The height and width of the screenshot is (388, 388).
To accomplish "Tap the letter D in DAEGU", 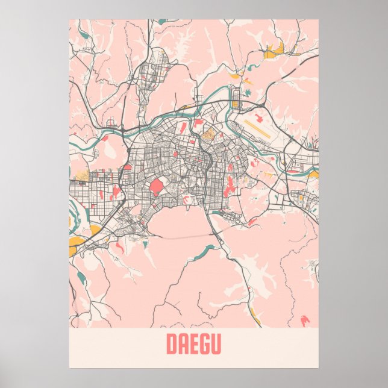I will (x=171, y=345).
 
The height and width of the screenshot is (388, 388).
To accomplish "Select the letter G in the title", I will (x=204, y=345).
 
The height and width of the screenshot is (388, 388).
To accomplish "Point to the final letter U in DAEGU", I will (x=216, y=345).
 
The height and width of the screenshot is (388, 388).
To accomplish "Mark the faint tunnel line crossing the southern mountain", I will (x=181, y=237).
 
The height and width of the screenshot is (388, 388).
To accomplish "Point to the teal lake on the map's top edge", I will (x=163, y=22).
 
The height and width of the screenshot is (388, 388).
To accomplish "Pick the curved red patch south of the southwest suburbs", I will (x=119, y=247).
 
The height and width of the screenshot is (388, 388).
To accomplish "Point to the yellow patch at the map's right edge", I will (x=314, y=175).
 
